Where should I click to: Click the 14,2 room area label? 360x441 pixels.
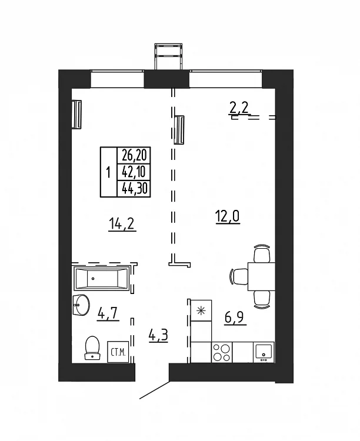pos(122,225)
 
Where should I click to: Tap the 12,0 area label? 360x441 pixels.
pos(228,217)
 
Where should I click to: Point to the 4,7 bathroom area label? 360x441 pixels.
pos(108,313)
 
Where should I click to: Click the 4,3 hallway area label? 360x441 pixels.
pos(158,335)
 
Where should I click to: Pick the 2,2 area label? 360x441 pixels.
pos(239,108)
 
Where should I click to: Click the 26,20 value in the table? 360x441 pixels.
pos(134,155)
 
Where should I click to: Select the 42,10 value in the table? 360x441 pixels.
pos(134,172)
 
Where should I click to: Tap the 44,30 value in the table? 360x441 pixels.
pos(134,188)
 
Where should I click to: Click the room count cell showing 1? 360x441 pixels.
pos(108,172)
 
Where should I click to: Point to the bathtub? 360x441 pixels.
pos(102,279)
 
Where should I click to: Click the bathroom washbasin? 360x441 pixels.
pos(81,305)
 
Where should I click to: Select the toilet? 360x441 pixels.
pos(92,348)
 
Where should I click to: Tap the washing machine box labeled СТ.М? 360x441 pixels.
pos(118,352)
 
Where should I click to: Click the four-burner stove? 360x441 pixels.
pos(222,352)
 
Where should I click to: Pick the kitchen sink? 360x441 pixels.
pos(264,352)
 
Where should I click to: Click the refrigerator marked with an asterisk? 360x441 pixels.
pos(201,310)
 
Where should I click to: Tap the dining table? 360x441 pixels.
pos(261,276)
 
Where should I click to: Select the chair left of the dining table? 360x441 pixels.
pos(239,276)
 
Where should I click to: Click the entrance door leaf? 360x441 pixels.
pos(155,390)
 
